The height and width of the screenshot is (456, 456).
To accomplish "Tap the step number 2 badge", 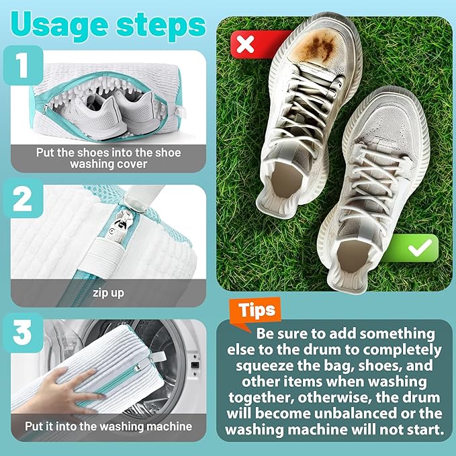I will point(22,199).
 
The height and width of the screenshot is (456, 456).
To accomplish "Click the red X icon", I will point(246,45).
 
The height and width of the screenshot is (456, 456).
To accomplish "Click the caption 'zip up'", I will point(108,293).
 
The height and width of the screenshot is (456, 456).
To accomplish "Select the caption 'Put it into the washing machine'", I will point(108,426).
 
